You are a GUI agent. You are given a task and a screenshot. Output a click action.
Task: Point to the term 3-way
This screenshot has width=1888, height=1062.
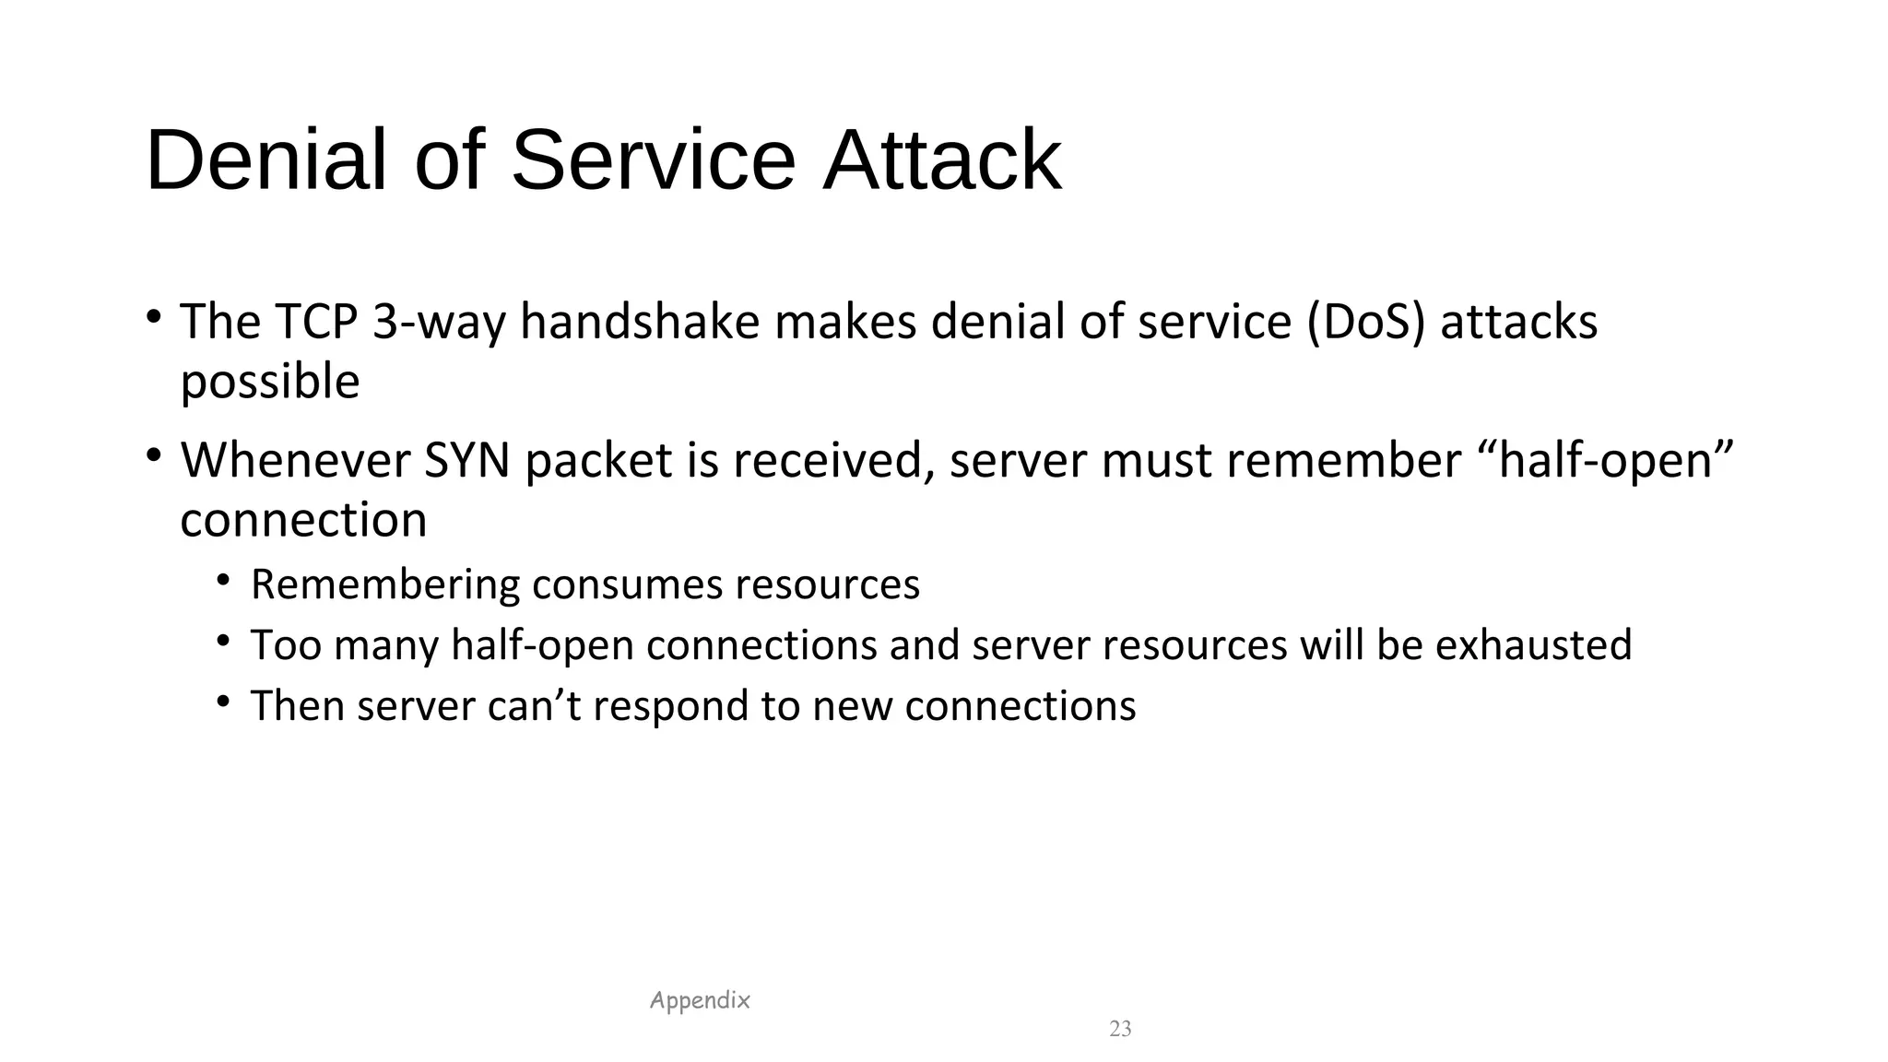click(x=439, y=322)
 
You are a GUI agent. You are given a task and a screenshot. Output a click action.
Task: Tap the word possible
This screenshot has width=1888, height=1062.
click(x=269, y=381)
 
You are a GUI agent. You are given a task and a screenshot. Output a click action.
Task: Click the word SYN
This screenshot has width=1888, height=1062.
click(x=466, y=460)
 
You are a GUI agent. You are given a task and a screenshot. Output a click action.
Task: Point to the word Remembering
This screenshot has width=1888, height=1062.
click(x=384, y=584)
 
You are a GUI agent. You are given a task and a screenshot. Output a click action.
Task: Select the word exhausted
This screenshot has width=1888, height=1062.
click(x=1533, y=644)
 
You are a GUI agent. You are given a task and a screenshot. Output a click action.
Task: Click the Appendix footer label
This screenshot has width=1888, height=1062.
click(x=700, y=1000)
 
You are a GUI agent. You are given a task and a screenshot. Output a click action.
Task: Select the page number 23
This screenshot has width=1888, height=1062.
click(x=1120, y=1029)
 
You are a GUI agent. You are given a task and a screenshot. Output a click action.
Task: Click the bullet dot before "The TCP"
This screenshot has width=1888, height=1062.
click(x=154, y=317)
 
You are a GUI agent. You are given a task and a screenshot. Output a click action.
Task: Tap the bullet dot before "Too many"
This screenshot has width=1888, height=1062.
click(x=223, y=641)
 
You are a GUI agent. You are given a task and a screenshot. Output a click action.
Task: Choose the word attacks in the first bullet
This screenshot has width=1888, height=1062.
click(x=1518, y=322)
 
